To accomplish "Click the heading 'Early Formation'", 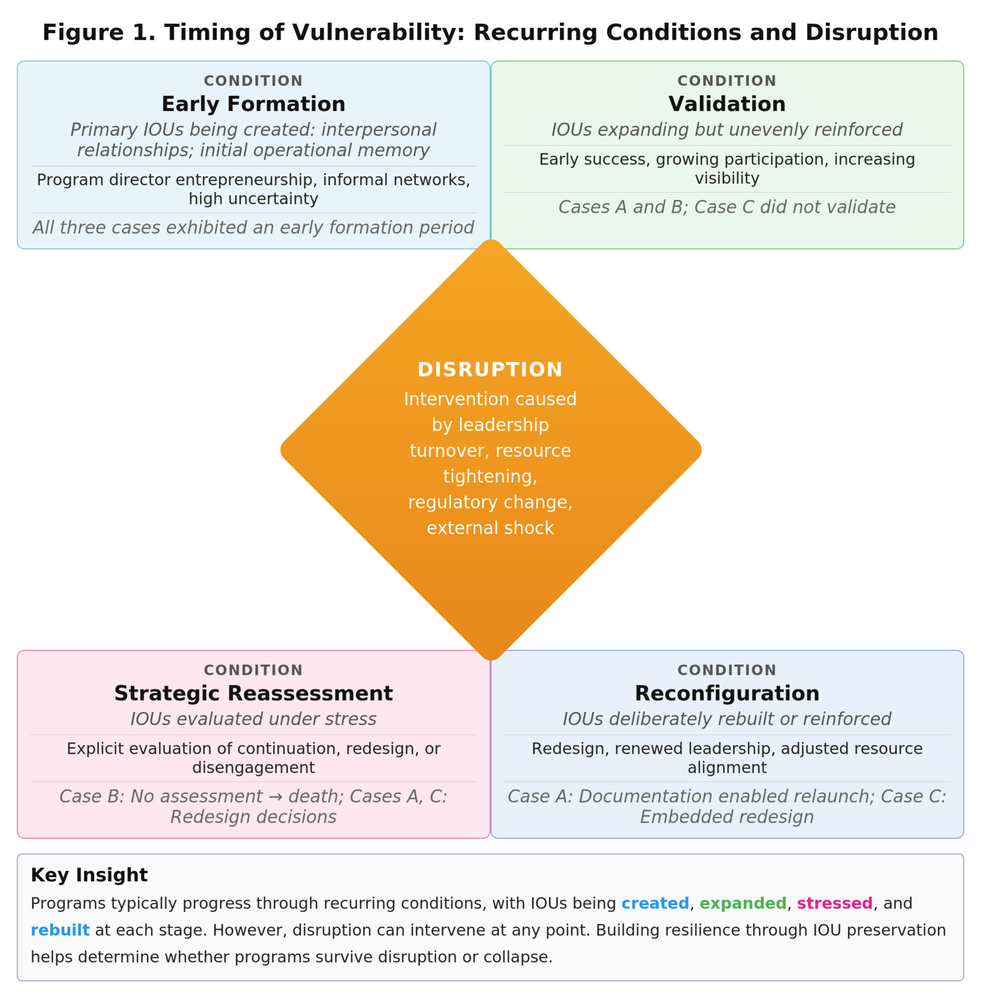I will (253, 104).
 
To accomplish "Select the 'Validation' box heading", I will (727, 104).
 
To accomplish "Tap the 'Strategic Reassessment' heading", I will (253, 693).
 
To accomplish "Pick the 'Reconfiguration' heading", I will (727, 693).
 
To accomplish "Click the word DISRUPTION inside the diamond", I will (490, 370).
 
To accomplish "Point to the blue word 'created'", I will (655, 903).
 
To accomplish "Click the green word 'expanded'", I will (743, 903).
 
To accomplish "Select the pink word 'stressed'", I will (834, 903).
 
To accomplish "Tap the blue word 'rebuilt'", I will (60, 930).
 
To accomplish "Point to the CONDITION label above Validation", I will (727, 80).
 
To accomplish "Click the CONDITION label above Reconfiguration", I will (727, 670).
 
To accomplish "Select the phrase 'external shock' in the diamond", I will (490, 528).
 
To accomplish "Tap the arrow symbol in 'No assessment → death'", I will (275, 797).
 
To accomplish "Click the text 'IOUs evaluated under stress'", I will (253, 719).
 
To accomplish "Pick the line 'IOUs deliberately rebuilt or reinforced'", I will (727, 719).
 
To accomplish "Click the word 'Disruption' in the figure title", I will (871, 33).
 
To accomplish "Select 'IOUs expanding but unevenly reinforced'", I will (727, 130).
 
